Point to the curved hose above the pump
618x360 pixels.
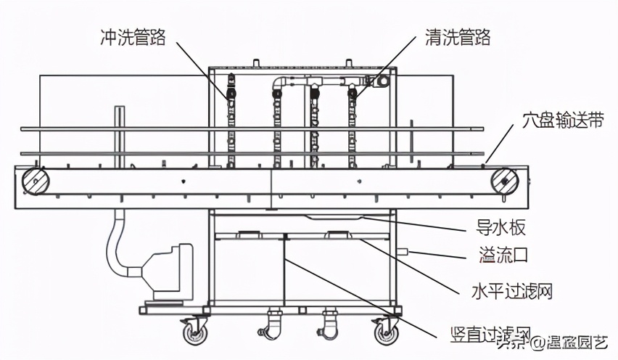pos(116,243)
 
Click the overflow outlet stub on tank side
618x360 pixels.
pos(403,253)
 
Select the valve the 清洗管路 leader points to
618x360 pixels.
pos(353,92)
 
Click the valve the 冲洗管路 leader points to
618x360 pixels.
pos(231,92)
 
